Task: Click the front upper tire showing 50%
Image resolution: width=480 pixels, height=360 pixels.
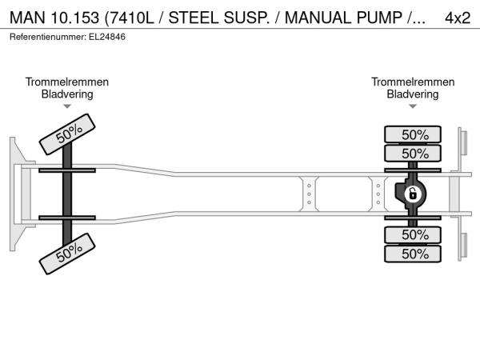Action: pyautogui.click(x=69, y=133)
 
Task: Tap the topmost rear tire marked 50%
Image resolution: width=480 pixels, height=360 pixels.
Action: pyautogui.click(x=414, y=134)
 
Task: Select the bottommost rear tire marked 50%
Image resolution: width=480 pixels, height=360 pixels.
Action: pyautogui.click(x=414, y=254)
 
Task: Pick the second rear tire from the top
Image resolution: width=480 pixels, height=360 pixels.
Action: pyautogui.click(x=414, y=153)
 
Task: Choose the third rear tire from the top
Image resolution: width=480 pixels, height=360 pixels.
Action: pyautogui.click(x=414, y=234)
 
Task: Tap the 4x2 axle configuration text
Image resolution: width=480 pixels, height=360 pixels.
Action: pyautogui.click(x=457, y=18)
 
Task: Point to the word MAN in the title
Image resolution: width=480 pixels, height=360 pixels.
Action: pyautogui.click(x=26, y=18)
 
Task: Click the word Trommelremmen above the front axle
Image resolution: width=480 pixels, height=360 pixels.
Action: pyautogui.click(x=67, y=82)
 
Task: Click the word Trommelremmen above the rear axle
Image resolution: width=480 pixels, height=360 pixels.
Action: pyautogui.click(x=413, y=82)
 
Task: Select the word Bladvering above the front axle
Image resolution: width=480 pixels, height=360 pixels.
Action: pyautogui.click(x=67, y=94)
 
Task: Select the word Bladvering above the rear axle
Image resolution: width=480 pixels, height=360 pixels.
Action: pyautogui.click(x=413, y=94)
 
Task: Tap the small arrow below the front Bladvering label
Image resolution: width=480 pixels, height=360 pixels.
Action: pyautogui.click(x=67, y=106)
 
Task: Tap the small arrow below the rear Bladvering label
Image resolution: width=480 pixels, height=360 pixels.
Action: pyautogui.click(x=413, y=106)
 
